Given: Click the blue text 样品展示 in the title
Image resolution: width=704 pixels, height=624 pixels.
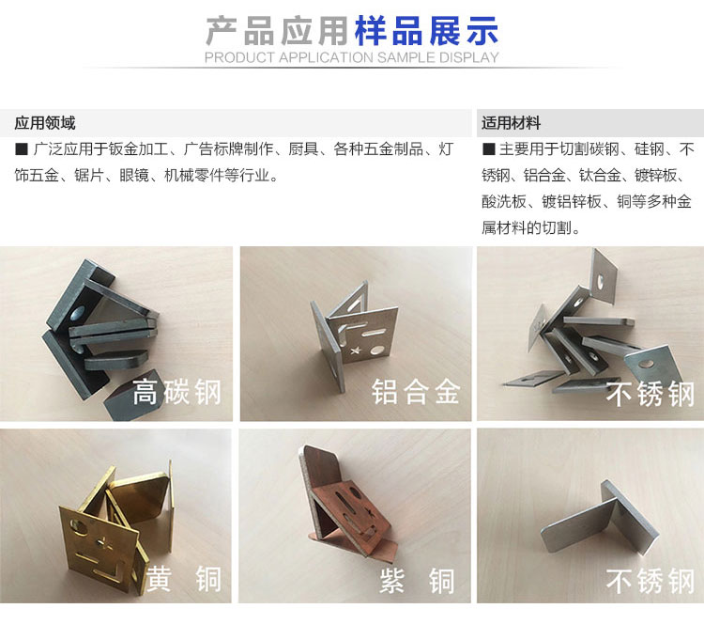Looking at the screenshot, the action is [426, 31].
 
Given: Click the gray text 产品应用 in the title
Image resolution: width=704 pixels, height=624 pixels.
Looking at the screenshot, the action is [278, 31].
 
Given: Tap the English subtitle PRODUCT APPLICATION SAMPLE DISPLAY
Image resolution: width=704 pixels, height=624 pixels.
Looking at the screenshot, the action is [352, 57].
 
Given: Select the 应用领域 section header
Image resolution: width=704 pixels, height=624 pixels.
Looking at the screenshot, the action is [45, 123].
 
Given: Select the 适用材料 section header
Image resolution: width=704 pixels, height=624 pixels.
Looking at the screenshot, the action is [511, 123].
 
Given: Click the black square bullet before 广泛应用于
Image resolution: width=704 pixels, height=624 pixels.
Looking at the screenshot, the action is [22, 149].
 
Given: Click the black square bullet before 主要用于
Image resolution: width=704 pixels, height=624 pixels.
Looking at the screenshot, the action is [488, 149].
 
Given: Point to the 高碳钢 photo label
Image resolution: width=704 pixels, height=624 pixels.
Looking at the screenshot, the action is [176, 392].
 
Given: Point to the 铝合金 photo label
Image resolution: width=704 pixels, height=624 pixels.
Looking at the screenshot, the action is [416, 392].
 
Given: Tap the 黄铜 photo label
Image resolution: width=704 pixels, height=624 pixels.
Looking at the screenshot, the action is [183, 579].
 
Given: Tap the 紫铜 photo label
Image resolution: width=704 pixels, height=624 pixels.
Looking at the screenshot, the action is [417, 580].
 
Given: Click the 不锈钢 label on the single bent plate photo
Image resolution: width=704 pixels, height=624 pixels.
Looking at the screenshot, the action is [650, 581].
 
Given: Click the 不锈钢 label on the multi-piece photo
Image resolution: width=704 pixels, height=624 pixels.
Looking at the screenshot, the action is [650, 394].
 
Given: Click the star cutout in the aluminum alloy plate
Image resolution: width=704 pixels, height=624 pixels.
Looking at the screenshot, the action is [356, 351].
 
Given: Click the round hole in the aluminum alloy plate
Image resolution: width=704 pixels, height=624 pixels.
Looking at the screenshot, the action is [377, 350].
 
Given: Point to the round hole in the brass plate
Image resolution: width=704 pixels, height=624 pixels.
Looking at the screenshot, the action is [77, 525].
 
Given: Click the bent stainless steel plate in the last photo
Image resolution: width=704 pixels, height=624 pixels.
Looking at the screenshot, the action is [602, 520].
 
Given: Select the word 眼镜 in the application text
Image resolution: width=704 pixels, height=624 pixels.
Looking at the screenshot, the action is [134, 176].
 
